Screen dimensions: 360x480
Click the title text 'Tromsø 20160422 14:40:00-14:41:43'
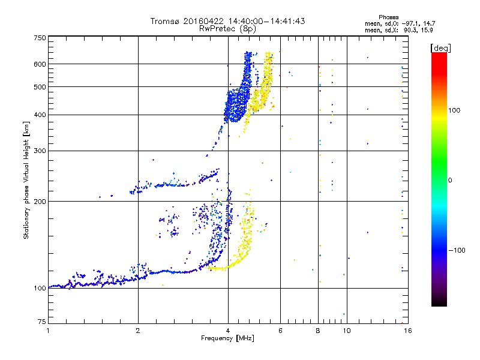pos(227,21)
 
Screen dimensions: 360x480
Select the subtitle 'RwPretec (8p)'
pos(227,28)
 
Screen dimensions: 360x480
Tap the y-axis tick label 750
pos(39,38)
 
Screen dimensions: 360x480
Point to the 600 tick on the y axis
pos(39,64)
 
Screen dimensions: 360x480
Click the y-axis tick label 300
pos(39,151)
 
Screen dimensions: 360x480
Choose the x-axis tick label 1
pos(48,331)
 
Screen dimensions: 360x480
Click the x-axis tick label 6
pos(281,331)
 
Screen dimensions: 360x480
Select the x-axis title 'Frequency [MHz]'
pos(227,338)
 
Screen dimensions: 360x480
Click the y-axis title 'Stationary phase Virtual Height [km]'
pos(26,180)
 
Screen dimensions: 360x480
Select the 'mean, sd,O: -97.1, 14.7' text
pos(391,23)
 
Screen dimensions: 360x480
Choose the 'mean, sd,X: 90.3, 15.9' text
pos(391,30)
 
